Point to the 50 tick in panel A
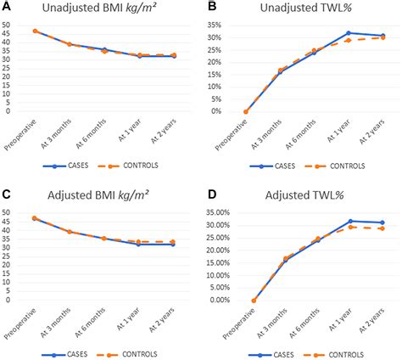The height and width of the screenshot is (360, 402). click(8, 25)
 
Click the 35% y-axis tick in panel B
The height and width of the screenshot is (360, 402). click(217, 25)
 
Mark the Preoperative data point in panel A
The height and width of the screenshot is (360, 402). click(36, 31)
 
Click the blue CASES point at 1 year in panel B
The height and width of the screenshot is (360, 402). click(348, 33)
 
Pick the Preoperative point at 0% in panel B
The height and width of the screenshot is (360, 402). click(245, 111)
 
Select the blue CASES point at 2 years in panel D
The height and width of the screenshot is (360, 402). click(382, 222)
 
